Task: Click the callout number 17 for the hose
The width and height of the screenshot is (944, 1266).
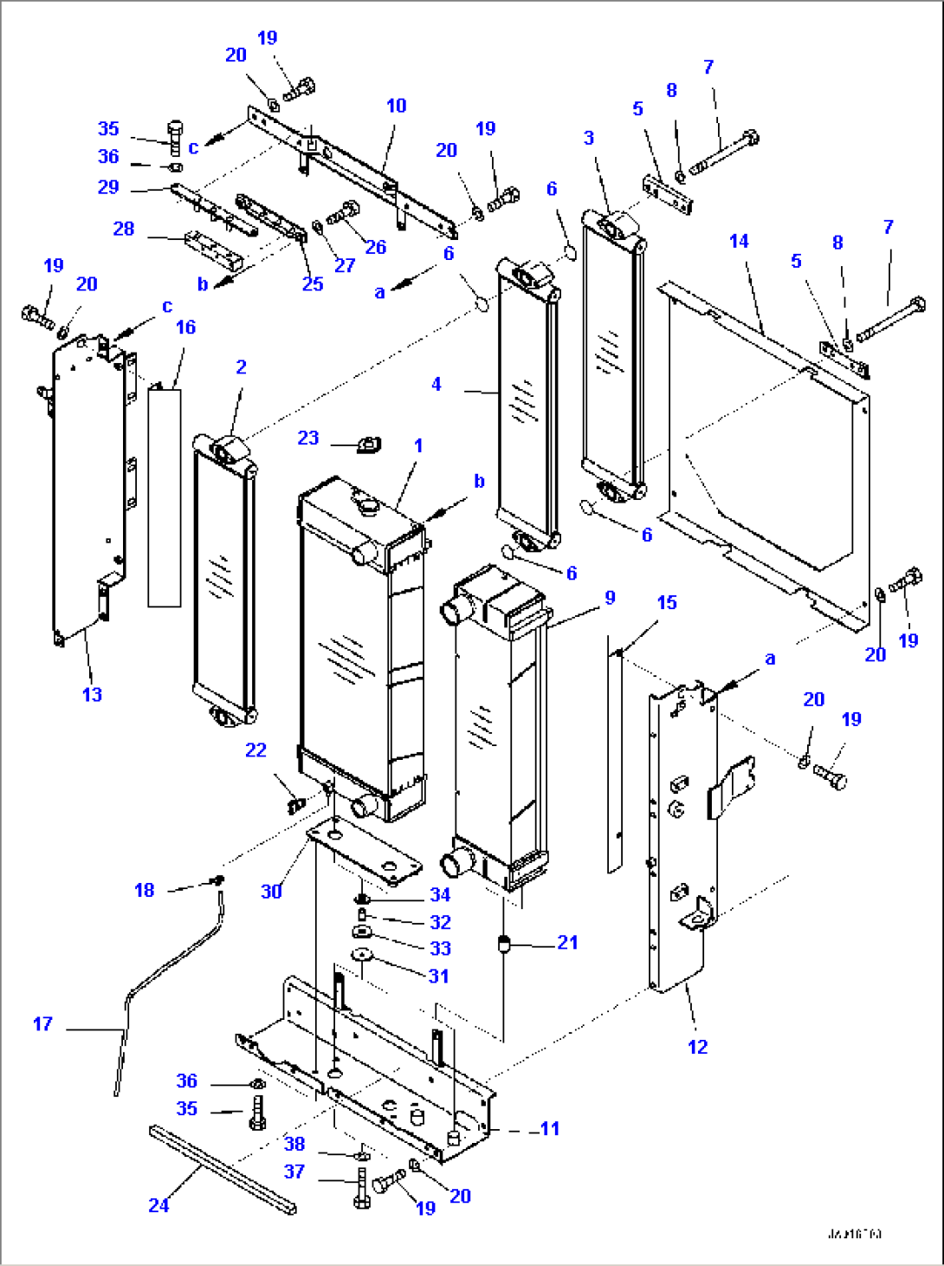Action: click(x=42, y=1024)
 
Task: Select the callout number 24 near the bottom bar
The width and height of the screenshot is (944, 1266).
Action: click(x=158, y=1205)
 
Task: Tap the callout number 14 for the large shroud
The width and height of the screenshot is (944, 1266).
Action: click(x=739, y=241)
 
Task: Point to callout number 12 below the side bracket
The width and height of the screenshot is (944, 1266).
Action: click(x=697, y=1047)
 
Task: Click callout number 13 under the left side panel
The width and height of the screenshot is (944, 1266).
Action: click(x=92, y=694)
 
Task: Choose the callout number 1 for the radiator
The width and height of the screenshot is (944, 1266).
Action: click(x=418, y=445)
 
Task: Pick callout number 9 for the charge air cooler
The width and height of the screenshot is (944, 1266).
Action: click(x=610, y=598)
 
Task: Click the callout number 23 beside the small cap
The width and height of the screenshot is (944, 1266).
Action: click(x=308, y=438)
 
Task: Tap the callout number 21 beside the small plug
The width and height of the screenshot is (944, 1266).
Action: click(x=567, y=943)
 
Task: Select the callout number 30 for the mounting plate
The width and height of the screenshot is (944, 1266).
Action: click(x=271, y=891)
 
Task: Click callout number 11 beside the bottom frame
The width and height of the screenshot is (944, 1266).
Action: click(x=549, y=1128)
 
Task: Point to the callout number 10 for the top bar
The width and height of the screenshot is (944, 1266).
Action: click(x=396, y=106)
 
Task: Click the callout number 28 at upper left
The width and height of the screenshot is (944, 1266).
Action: click(x=124, y=229)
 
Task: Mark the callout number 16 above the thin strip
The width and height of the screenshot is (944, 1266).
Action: click(x=185, y=328)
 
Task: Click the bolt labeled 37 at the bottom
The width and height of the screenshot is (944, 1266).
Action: click(x=362, y=1187)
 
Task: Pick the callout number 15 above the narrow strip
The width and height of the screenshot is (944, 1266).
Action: click(x=667, y=602)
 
